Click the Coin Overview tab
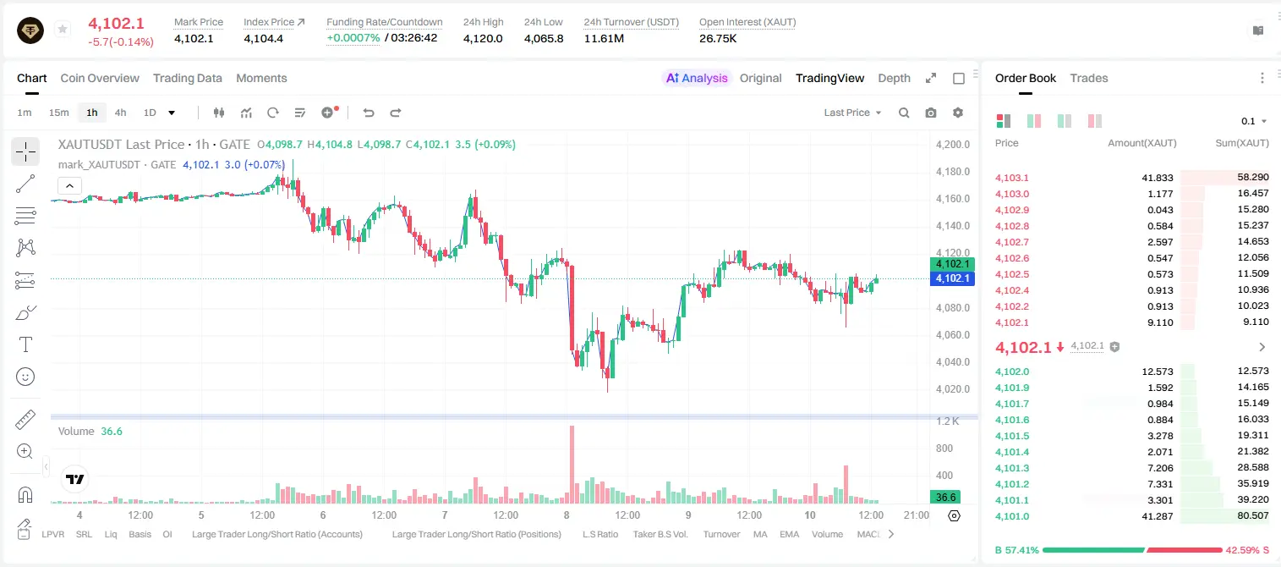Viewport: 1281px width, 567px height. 100,78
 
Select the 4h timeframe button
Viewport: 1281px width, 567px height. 120,113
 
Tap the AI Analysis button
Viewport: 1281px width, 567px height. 697,78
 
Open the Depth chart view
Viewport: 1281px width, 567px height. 894,78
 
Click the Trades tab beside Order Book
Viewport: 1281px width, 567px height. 1089,78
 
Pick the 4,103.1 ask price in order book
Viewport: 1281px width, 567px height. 1011,178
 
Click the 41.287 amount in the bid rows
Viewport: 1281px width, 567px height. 1157,516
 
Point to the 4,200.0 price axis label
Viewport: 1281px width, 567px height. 953,144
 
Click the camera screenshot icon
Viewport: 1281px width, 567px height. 931,113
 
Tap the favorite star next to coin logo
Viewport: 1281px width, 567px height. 63,29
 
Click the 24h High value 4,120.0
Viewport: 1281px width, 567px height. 483,38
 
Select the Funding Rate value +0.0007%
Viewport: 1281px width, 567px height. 353,38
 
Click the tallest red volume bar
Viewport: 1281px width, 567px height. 572,464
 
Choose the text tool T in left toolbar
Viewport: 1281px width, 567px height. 25,344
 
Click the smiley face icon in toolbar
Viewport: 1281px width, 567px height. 25,377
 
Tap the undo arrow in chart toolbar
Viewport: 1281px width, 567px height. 369,113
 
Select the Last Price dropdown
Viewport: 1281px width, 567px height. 852,113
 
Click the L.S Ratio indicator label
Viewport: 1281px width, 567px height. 599,534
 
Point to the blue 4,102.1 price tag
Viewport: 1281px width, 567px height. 952,278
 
